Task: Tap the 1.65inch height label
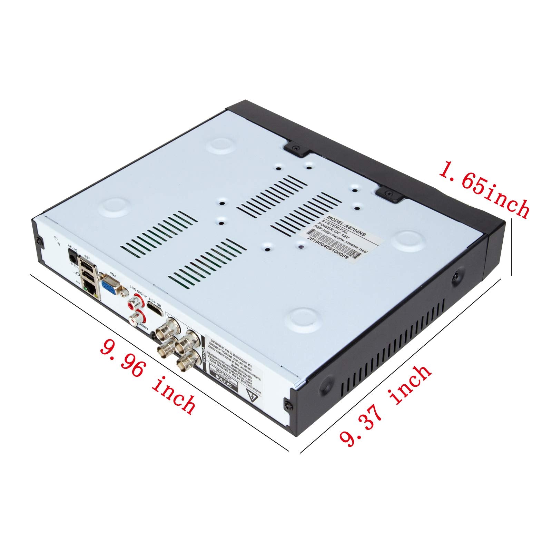(483, 189)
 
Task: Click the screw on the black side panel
(456, 276)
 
